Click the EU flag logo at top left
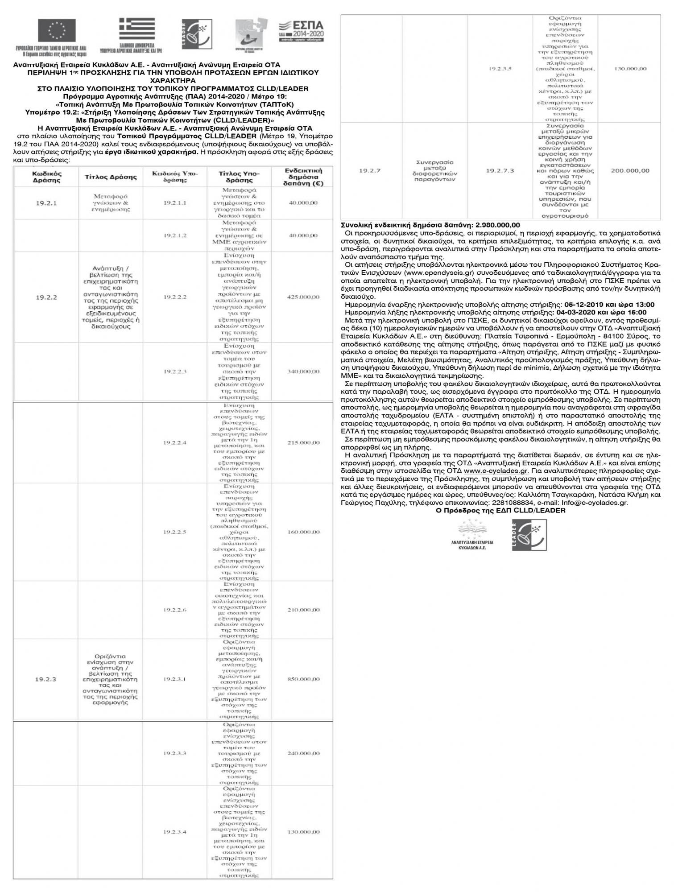click(57, 32)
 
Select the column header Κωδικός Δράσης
click(46, 177)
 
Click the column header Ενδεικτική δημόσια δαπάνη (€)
click(303, 177)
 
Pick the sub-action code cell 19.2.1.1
click(174, 203)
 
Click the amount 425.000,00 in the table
click(303, 297)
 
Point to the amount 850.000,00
click(303, 679)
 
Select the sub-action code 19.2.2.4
click(174, 443)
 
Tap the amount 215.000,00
click(303, 443)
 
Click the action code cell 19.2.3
click(46, 679)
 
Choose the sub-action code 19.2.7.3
click(500, 171)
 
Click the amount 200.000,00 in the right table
click(630, 171)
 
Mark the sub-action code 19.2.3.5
click(500, 69)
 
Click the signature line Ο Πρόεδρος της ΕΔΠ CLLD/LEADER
click(500, 511)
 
